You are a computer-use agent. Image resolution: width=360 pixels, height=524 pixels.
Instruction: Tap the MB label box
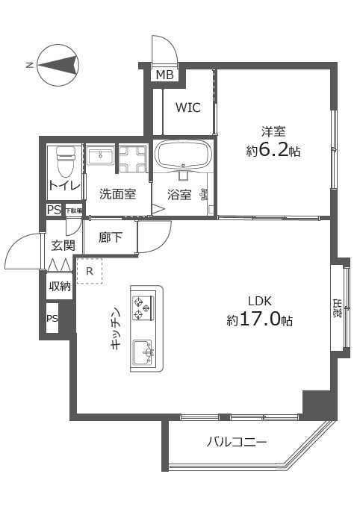click(164, 75)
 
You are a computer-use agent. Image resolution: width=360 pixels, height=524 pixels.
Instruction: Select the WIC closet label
click(187, 107)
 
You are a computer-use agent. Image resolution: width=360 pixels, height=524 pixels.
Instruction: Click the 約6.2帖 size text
click(273, 151)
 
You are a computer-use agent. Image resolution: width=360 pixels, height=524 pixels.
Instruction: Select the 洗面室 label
click(117, 194)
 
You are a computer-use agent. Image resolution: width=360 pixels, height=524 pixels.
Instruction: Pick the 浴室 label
click(179, 195)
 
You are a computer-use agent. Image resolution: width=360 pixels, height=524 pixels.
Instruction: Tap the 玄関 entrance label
click(63, 244)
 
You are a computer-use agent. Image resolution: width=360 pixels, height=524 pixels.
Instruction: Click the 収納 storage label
click(60, 286)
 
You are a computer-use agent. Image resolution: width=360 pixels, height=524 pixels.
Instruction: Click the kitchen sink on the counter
click(143, 349)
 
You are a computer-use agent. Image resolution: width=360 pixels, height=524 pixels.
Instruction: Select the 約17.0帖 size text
click(259, 320)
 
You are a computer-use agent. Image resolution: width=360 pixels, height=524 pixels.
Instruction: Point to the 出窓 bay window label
click(337, 308)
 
